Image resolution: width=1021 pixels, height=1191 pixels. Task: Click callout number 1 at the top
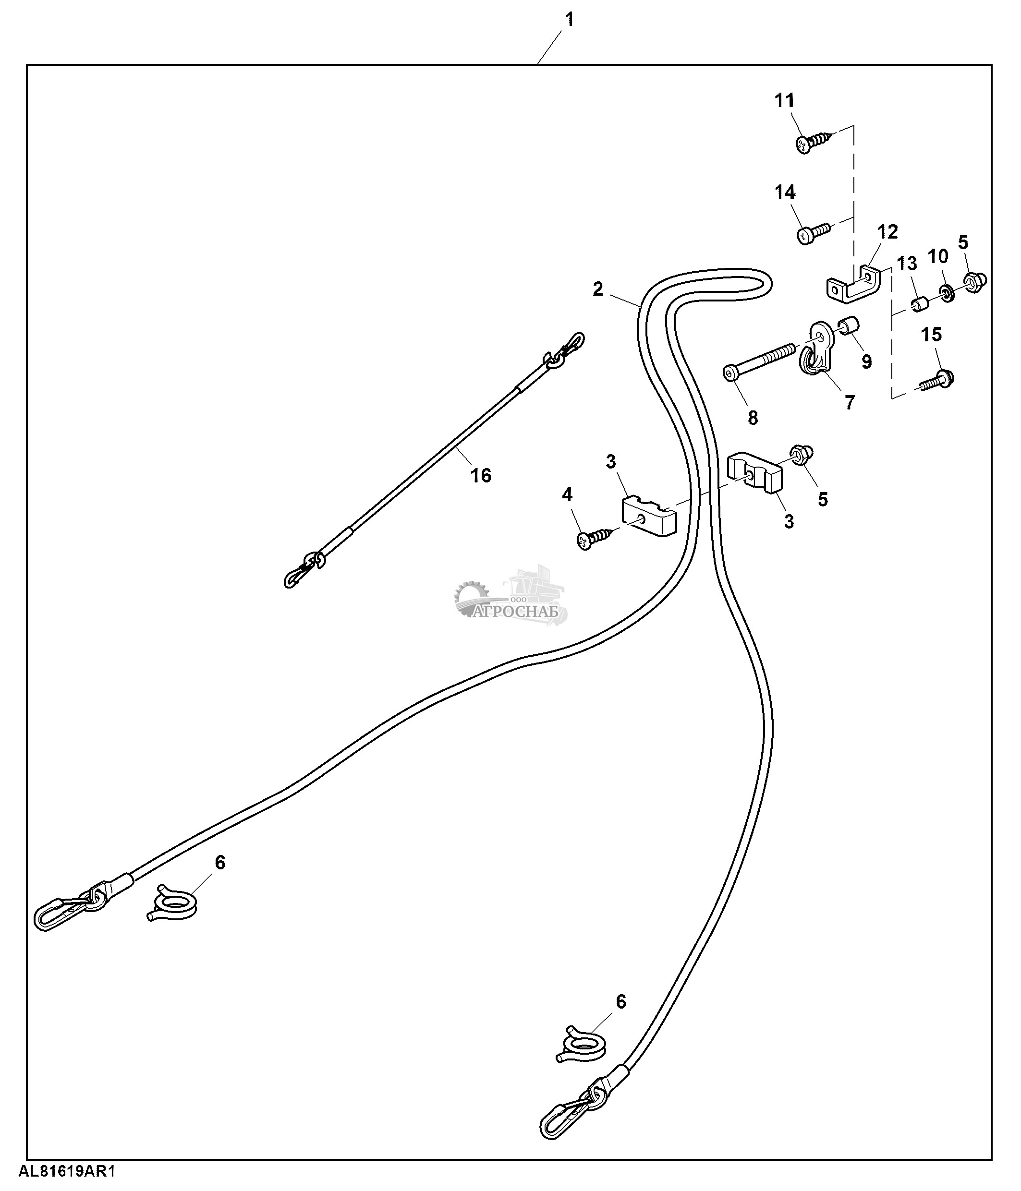point(569,20)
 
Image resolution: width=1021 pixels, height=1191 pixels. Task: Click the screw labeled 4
point(595,539)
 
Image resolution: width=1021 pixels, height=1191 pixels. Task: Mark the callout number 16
point(481,475)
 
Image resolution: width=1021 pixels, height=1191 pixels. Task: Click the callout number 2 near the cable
point(598,289)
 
